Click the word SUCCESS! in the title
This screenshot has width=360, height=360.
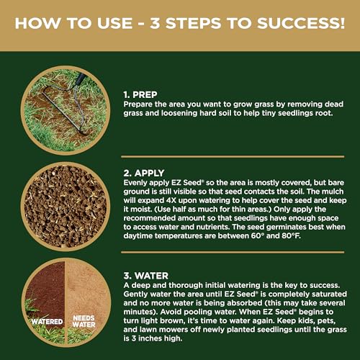(x=301, y=23)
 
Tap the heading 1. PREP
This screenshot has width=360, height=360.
(x=140, y=94)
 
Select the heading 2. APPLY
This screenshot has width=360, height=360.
(x=144, y=173)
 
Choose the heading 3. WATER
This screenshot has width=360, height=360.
(x=146, y=276)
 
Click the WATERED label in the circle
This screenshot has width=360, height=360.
(x=47, y=321)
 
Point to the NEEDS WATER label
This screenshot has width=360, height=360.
(x=84, y=321)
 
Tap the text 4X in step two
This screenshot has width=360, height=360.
(x=171, y=200)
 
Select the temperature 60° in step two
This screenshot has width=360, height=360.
(x=258, y=235)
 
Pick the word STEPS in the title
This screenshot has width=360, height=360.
(x=193, y=23)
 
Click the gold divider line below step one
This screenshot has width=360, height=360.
(x=233, y=157)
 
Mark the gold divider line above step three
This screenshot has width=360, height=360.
(x=233, y=252)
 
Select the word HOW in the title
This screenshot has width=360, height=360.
(x=38, y=23)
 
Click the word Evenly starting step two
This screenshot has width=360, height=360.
(x=135, y=183)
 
